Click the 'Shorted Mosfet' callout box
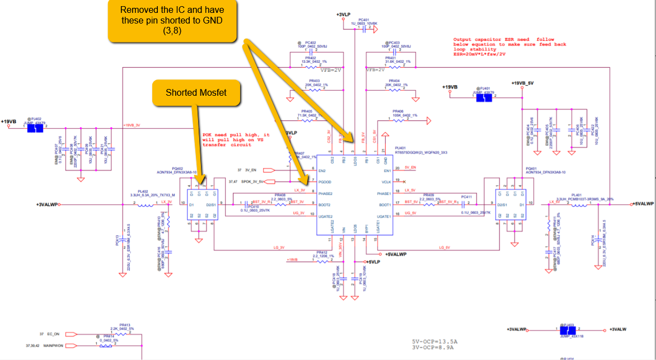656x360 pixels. tap(196, 93)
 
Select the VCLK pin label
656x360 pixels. tap(386, 181)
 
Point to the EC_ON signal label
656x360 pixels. tap(53, 334)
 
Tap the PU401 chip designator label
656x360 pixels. tap(402, 148)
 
